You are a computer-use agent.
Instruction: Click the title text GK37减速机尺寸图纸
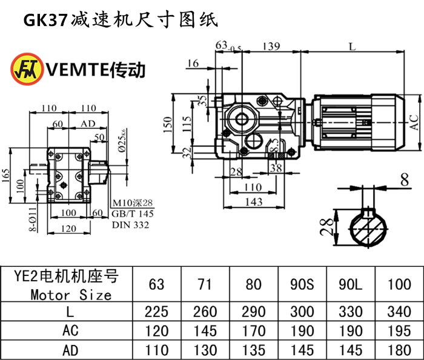119,20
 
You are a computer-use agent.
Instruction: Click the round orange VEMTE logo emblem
25,68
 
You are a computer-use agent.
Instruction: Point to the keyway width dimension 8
403,179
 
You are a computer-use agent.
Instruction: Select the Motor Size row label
71,295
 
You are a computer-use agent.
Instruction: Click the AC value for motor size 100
398,331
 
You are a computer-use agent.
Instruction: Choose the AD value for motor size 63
157,350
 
